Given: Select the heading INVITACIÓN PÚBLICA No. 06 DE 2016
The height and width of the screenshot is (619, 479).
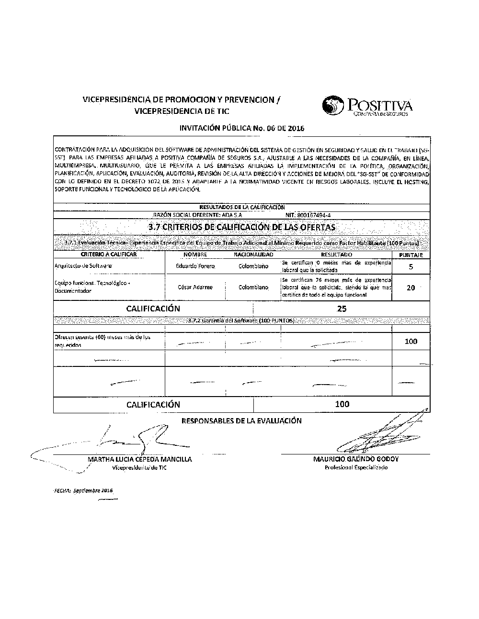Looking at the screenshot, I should [x=241, y=128].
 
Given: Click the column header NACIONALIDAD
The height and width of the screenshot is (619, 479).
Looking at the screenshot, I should [x=253, y=255].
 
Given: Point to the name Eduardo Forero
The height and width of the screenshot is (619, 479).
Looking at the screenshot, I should [x=195, y=266].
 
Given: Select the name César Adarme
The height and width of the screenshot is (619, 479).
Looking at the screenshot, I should [x=195, y=287].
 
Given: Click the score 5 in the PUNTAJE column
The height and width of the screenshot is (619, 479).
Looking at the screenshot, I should [x=411, y=267].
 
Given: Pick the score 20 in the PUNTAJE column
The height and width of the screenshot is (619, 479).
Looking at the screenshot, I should [x=411, y=287].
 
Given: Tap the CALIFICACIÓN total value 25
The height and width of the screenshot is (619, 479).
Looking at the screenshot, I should [x=342, y=309].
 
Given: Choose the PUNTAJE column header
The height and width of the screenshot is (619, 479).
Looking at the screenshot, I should [x=411, y=255].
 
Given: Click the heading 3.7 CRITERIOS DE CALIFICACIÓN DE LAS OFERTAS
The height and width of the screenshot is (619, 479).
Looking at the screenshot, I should [x=241, y=227].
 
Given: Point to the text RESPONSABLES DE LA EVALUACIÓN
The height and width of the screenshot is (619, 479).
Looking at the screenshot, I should [x=241, y=421].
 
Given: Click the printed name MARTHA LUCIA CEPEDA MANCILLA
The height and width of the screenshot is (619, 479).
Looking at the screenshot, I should [x=139, y=459].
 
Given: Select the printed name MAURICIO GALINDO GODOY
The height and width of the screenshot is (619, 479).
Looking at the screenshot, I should [x=356, y=459].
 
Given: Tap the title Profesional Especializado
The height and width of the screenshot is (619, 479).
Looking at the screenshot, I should [x=356, y=467].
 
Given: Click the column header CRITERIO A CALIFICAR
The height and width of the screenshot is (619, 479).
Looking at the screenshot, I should [x=109, y=254].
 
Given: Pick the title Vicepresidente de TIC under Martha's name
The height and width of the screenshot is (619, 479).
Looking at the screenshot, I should [x=139, y=467].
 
